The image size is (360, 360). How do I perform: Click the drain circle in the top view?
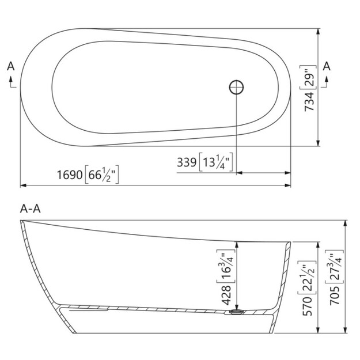[x=236, y=87]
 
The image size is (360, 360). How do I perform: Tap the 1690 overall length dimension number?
[x=70, y=175]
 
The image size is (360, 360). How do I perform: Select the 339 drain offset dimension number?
[x=187, y=162]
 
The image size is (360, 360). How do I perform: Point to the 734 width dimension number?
[x=309, y=101]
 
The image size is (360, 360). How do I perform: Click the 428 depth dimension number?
[x=226, y=295]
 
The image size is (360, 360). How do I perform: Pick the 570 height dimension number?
[x=307, y=306]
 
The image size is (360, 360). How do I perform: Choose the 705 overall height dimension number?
[x=335, y=295]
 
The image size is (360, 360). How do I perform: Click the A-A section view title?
[x=31, y=209]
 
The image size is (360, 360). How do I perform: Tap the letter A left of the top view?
[x=11, y=66]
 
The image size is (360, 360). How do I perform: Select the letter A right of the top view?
[x=327, y=66]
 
